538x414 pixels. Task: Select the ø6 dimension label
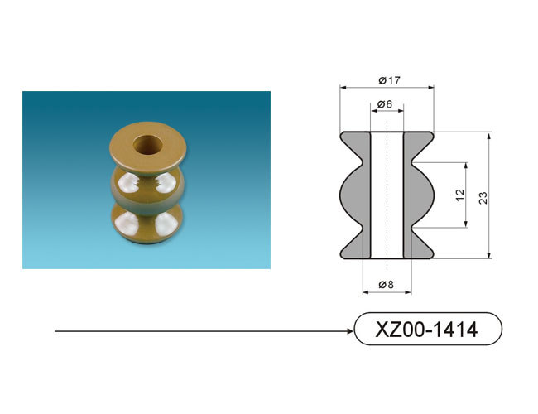385,104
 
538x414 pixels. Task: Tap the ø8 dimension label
387,285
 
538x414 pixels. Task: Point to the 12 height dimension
460,195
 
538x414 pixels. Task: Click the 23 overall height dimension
483,198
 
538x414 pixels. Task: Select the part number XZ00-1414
426,330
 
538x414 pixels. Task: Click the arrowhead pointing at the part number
350,331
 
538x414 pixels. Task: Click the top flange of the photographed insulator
148,145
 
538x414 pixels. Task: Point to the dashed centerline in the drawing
387,195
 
